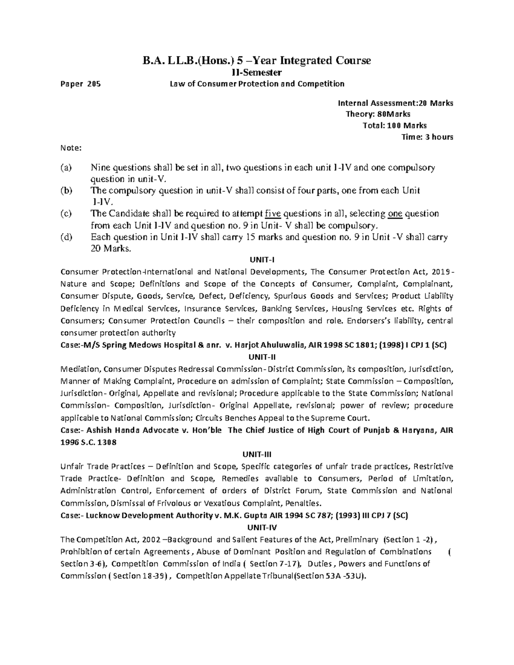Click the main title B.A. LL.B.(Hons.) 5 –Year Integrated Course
[x=257, y=60]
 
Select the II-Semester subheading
[x=257, y=72]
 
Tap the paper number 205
[x=94, y=84]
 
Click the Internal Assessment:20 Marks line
[x=395, y=103]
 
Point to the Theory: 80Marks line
[x=378, y=114]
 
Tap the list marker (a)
[x=66, y=168]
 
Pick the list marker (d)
[x=66, y=237]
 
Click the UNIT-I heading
[x=257, y=259]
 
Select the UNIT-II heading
[x=257, y=357]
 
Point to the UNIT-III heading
[x=257, y=454]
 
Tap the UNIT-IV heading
[x=257, y=527]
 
